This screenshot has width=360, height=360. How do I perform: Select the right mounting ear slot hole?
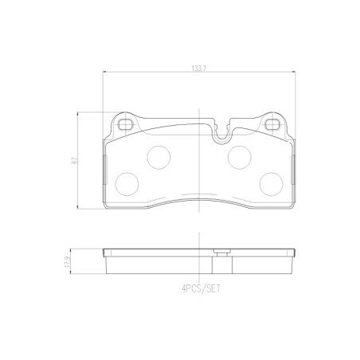point(272,124)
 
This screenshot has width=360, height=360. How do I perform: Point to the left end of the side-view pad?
point(105,257)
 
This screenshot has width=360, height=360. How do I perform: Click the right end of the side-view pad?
point(293,257)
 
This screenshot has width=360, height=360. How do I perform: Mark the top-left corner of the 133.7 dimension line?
point(104,74)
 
